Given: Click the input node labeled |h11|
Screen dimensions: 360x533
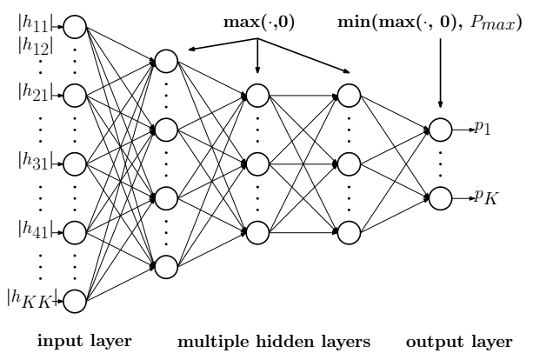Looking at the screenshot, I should click(x=74, y=27).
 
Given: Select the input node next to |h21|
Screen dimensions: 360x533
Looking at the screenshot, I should click(x=74, y=95).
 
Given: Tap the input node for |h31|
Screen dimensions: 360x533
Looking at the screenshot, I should click(x=74, y=163).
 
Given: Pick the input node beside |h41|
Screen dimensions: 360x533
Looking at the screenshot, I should click(x=74, y=232).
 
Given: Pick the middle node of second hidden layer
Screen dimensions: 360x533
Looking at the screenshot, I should click(x=257, y=163).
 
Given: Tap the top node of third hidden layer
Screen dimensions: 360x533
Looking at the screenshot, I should click(x=348, y=94).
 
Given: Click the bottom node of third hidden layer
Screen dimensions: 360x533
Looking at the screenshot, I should click(x=348, y=231).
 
